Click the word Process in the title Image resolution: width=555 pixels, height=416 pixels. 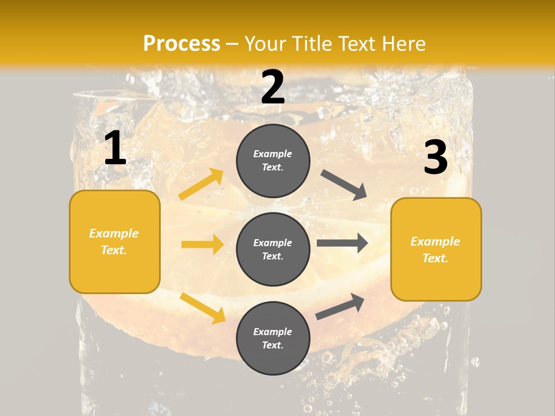click(182, 43)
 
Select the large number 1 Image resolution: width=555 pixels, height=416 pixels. click(115, 148)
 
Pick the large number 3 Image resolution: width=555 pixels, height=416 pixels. click(435, 158)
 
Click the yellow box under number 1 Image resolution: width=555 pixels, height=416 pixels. click(114, 242)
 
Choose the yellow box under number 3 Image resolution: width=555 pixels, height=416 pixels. click(436, 249)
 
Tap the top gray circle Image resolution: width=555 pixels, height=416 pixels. click(273, 161)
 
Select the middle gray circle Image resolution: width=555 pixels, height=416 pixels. click(273, 249)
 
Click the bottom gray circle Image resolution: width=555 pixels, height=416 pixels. click(273, 338)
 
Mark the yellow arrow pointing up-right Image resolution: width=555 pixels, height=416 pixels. click(201, 184)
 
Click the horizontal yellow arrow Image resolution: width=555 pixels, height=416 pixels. click(202, 244)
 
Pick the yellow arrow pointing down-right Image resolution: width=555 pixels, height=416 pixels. click(202, 308)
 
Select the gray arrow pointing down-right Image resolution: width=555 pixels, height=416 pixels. click(344, 184)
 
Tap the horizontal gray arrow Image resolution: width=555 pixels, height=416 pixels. click(342, 243)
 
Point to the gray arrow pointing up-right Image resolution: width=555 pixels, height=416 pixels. click(340, 307)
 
